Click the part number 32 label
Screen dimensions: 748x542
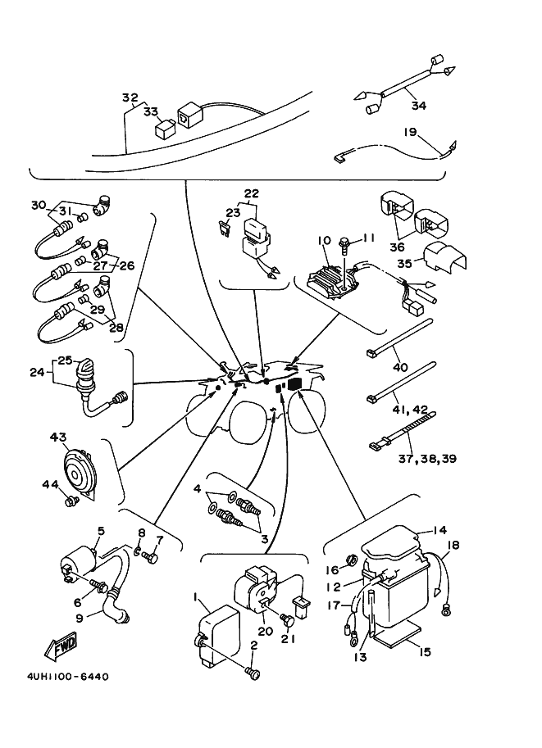click(130, 96)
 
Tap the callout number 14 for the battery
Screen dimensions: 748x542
click(440, 530)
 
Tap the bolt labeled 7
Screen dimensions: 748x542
click(152, 558)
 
